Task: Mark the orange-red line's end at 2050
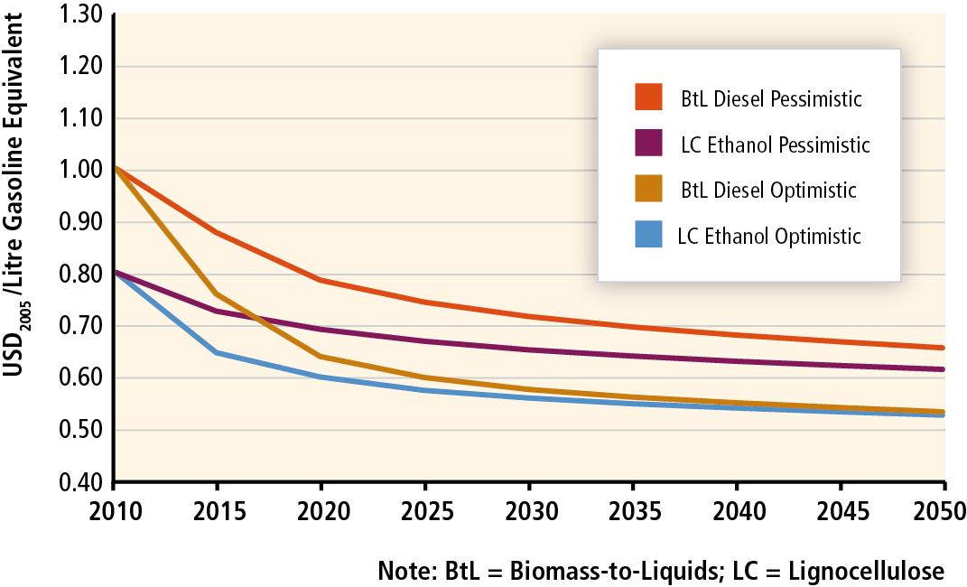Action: click(944, 348)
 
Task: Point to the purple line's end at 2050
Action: click(944, 369)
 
